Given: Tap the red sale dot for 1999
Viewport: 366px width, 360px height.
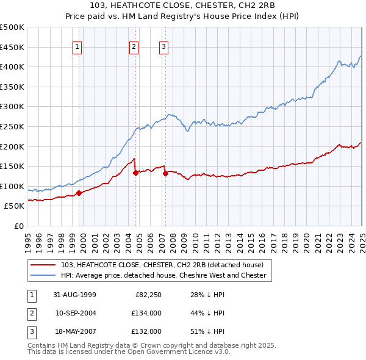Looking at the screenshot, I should pyautogui.click(x=79, y=193).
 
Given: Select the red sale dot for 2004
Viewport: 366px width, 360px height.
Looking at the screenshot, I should pyautogui.click(x=135, y=173).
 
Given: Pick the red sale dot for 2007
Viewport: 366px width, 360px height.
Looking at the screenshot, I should pyautogui.click(x=165, y=173).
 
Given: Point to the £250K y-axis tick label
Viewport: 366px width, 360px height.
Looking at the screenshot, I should pyautogui.click(x=12, y=126).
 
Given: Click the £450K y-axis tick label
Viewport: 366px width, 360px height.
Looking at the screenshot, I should pyautogui.click(x=12, y=47).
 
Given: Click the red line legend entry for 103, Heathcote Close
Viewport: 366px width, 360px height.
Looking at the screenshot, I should pyautogui.click(x=162, y=265).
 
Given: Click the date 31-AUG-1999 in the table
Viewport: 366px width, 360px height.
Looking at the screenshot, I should pyautogui.click(x=75, y=295).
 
